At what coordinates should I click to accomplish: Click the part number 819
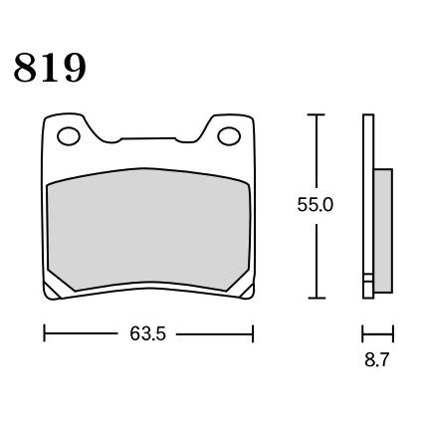click(50, 68)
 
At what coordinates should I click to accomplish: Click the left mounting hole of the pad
click(69, 136)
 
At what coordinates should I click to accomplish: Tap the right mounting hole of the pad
click(229, 135)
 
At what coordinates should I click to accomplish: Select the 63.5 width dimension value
click(147, 333)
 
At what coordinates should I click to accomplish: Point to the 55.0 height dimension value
click(315, 205)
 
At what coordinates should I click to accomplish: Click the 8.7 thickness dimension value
click(376, 359)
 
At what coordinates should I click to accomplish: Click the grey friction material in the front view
click(148, 230)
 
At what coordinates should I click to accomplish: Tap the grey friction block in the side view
click(383, 231)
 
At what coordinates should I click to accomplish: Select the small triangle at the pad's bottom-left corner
click(52, 292)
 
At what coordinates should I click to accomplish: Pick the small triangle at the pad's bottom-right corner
click(247, 292)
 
